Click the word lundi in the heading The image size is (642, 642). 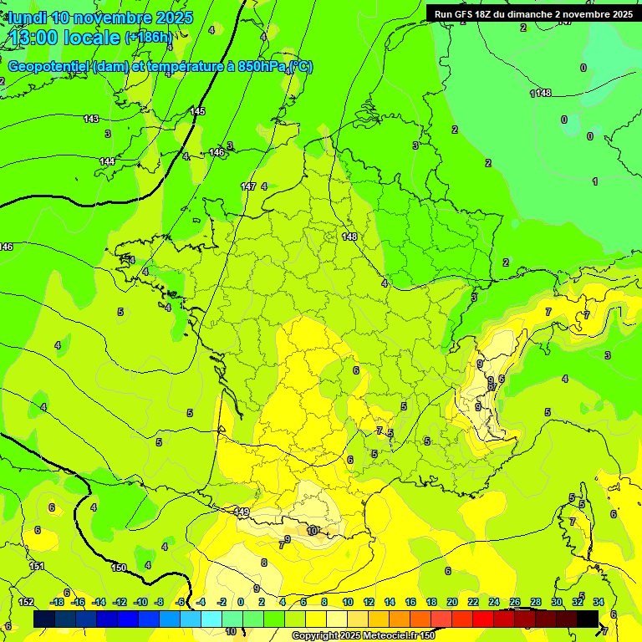28,18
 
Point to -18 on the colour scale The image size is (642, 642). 58,602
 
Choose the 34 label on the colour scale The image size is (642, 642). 599,602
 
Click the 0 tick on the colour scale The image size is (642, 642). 241,602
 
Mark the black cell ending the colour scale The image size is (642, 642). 588,619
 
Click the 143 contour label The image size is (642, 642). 91,120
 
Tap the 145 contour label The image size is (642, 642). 197,111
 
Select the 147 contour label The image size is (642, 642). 247,186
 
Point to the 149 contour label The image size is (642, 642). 242,512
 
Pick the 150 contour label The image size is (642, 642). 119,568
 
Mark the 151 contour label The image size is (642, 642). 37,567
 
